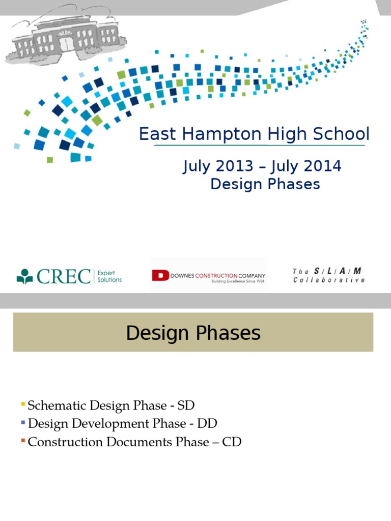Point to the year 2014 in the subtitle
pos(324,166)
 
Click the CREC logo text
pos(64,276)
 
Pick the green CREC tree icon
pos(24,276)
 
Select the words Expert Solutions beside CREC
pos(109,276)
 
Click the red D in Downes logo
pos(160,276)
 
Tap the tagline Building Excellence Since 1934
pos(238,281)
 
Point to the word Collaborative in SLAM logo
pos(329,280)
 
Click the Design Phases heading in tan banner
pos(193,333)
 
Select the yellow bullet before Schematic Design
pos(23,404)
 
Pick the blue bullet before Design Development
pos(23,422)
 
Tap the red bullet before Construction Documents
pos(23,441)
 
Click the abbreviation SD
pos(186,406)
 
